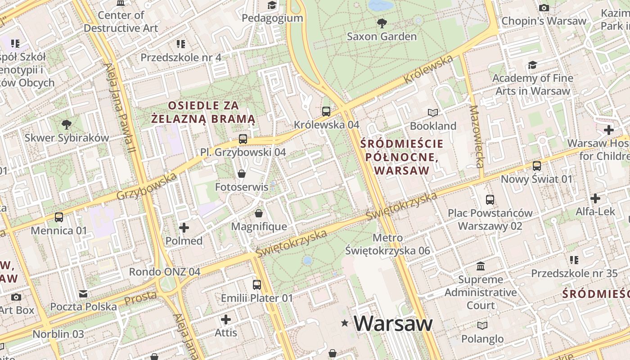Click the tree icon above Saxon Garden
pyautogui.click(x=382, y=23)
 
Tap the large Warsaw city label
pyautogui.click(x=393, y=323)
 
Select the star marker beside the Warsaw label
pyautogui.click(x=345, y=323)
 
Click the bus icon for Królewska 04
pyautogui.click(x=326, y=111)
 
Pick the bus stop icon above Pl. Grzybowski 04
pyautogui.click(x=243, y=139)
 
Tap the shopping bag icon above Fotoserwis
pyautogui.click(x=242, y=174)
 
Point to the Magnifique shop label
pyautogui.click(x=259, y=226)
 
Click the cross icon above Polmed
pyautogui.click(x=184, y=228)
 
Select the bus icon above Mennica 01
pyautogui.click(x=59, y=217)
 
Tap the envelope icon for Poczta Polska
pyautogui.click(x=83, y=294)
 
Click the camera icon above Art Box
pyautogui.click(x=16, y=297)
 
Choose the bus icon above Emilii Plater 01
pyautogui.click(x=256, y=285)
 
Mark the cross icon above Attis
pyautogui.click(x=226, y=319)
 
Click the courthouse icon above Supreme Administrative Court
pyautogui.click(x=481, y=266)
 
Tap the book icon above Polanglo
pyautogui.click(x=482, y=325)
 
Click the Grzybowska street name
pyautogui.click(x=147, y=187)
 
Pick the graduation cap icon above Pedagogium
pyautogui.click(x=272, y=5)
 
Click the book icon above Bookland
pyautogui.click(x=433, y=112)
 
